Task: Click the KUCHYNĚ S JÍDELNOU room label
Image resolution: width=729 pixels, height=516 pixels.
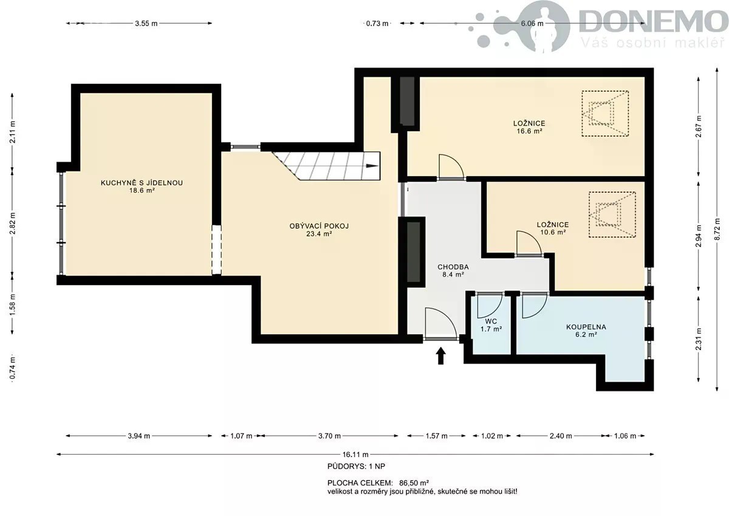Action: tap(142, 183)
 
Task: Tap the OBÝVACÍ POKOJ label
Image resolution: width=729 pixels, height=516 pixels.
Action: tap(319, 226)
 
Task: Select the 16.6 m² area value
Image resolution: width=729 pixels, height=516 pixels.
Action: tap(529, 131)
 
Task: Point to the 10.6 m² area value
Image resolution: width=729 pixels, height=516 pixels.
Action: tap(553, 232)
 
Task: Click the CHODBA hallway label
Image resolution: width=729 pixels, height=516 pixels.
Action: tap(453, 267)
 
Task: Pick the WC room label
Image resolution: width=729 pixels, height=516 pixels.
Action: tap(491, 322)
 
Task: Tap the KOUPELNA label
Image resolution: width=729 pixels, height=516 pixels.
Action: tap(586, 327)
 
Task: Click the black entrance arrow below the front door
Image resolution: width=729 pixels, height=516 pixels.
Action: tap(440, 356)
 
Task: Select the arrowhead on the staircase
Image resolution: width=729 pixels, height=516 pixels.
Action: tap(372, 166)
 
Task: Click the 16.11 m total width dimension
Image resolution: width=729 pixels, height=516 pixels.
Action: tap(355, 454)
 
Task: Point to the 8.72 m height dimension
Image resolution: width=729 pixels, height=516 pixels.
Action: tap(717, 230)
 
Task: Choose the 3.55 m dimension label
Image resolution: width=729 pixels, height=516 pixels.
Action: tap(146, 24)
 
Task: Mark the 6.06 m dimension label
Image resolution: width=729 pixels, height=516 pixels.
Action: tap(532, 24)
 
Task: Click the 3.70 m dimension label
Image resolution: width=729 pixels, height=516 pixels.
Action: tap(329, 436)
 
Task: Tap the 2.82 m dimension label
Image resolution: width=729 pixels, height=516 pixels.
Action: tap(13, 222)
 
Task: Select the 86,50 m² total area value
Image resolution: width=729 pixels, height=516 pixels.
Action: tap(414, 483)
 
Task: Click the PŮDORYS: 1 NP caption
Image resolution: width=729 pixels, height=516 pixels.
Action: tap(356, 466)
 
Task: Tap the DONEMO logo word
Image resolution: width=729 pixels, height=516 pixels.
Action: tap(650, 22)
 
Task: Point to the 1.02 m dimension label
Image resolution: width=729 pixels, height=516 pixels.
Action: tap(491, 436)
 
